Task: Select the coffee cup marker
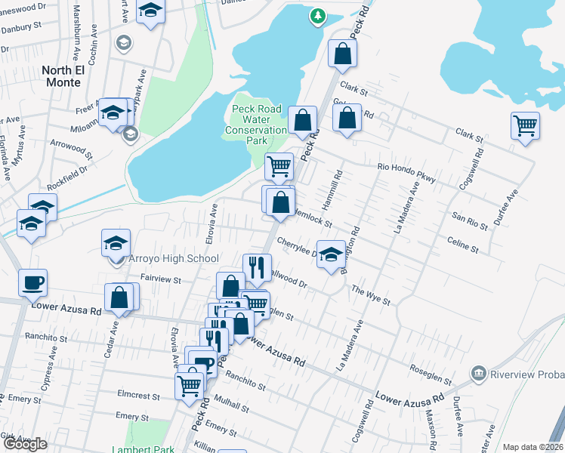coord(32,283)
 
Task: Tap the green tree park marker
coord(318,16)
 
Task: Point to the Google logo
coord(25,444)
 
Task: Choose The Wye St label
coord(370,296)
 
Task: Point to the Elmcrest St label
coord(138,395)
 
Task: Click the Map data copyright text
coord(533,447)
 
